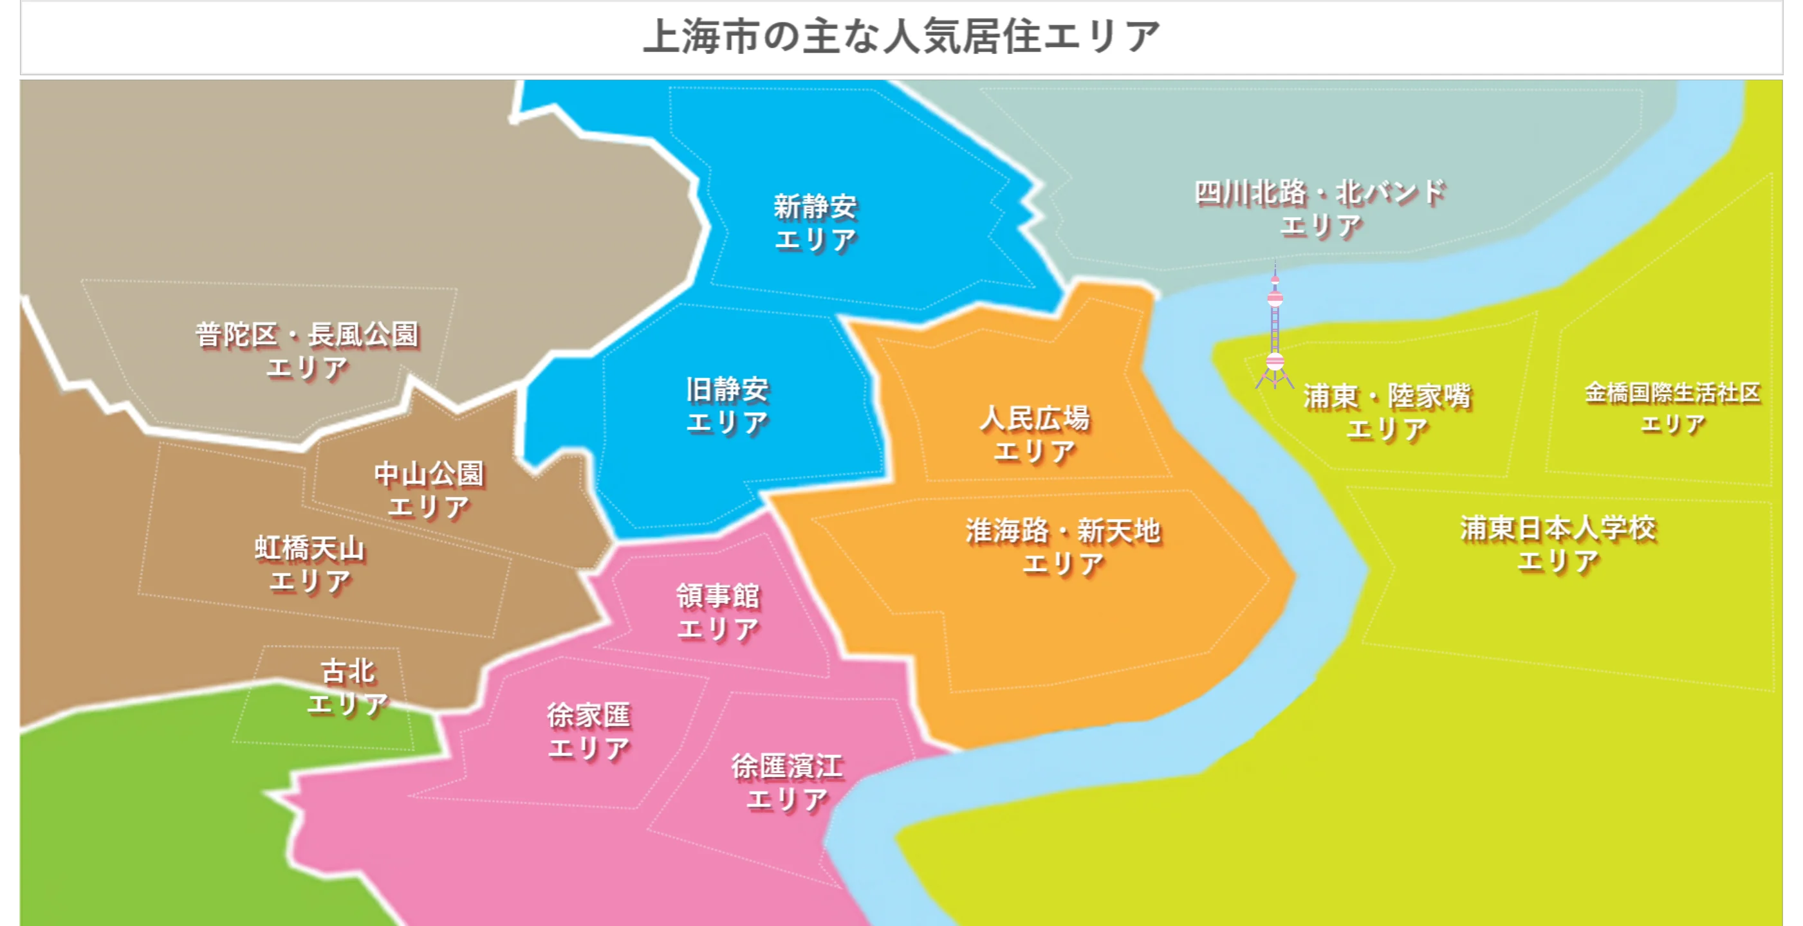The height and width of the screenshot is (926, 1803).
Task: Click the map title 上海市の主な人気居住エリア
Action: tap(901, 37)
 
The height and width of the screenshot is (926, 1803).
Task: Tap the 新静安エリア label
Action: tap(815, 222)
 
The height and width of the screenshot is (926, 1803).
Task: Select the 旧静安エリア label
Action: tap(727, 406)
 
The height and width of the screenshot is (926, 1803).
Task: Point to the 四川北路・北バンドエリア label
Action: tap(1320, 208)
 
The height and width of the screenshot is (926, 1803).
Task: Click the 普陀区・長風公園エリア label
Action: tap(308, 350)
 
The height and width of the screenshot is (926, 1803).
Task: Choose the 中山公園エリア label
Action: tap(429, 489)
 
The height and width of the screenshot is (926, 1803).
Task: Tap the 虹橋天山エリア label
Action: tap(310, 565)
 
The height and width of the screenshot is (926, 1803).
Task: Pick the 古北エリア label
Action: tap(348, 687)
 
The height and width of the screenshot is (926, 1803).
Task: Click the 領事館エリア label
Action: tap(718, 612)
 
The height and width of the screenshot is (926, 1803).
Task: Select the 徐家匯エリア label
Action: tap(589, 731)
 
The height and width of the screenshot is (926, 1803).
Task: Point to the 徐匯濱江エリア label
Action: tap(788, 782)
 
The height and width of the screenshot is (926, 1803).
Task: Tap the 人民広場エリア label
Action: tap(1035, 434)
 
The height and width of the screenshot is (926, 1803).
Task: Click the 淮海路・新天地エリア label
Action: tap(1063, 546)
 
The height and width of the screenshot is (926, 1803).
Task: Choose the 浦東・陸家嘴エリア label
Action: tap(1387, 412)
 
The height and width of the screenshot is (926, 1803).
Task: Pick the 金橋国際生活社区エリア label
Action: tap(1672, 407)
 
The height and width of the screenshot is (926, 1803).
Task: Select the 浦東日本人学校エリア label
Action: tap(1558, 543)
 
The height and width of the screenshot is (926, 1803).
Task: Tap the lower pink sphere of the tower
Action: tap(1275, 361)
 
